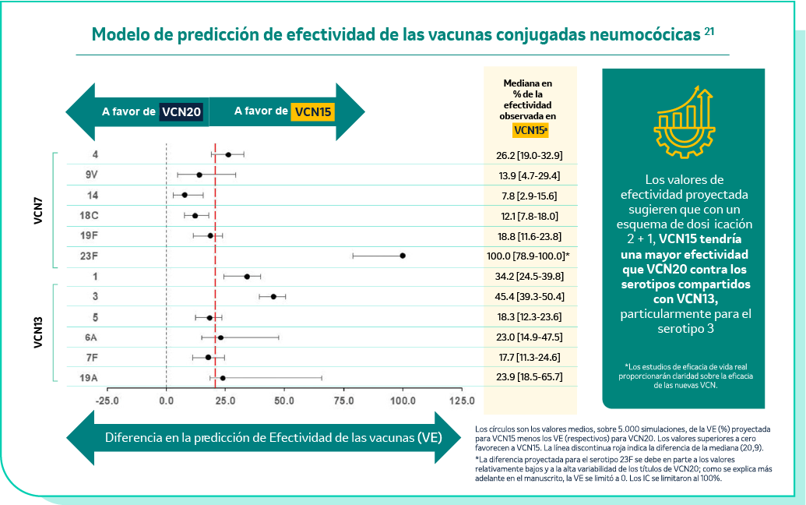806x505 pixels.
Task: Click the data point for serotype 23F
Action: [x=403, y=256]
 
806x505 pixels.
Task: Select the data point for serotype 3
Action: [x=273, y=297]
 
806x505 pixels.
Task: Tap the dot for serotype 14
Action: [x=185, y=195]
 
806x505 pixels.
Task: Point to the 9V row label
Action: [x=92, y=175]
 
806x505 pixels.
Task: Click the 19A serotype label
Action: [x=90, y=378]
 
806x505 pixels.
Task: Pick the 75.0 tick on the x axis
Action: [x=343, y=401]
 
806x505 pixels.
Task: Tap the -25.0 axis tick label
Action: [x=107, y=401]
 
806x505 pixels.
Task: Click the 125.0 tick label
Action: [x=461, y=401]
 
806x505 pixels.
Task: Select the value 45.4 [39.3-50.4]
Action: [x=530, y=297]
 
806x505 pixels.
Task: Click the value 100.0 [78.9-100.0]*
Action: [x=530, y=256]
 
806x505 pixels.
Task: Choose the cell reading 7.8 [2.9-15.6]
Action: [x=530, y=195]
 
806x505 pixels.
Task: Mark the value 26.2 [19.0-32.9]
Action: [x=530, y=155]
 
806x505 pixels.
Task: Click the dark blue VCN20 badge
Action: [x=182, y=111]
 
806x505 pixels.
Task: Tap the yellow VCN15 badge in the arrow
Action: [x=312, y=111]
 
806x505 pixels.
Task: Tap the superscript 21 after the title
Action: [x=709, y=31]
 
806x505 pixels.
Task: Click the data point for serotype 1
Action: [x=247, y=277]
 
